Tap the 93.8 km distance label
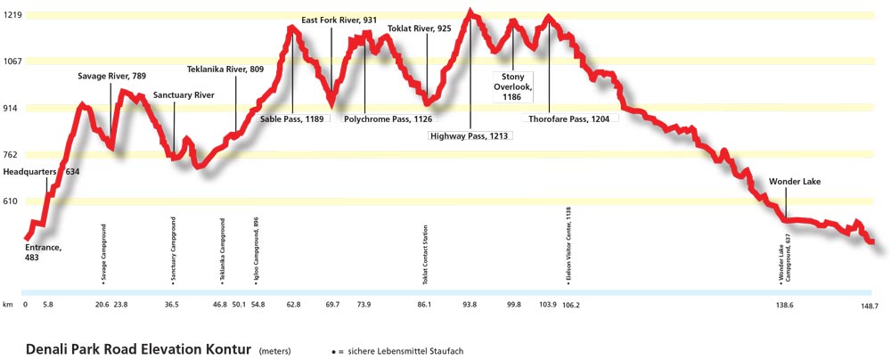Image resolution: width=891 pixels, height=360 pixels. coord(470,305)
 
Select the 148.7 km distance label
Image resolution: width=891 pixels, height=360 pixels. coord(870,305)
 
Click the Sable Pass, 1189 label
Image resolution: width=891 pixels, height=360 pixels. coord(291,118)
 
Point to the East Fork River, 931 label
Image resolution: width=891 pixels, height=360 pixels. coord(339,20)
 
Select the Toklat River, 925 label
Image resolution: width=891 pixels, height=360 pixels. coord(419,29)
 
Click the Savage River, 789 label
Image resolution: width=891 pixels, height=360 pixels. coord(111,77)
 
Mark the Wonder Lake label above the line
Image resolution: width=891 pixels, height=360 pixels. coord(794,182)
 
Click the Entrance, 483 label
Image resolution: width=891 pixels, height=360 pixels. coord(43,252)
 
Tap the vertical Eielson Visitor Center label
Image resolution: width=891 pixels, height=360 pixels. coord(568,245)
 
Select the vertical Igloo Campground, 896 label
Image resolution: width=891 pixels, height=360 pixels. coord(256,250)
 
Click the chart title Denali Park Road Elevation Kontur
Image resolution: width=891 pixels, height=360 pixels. coord(138,348)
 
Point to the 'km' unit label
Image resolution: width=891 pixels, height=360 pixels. coord(8,305)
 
